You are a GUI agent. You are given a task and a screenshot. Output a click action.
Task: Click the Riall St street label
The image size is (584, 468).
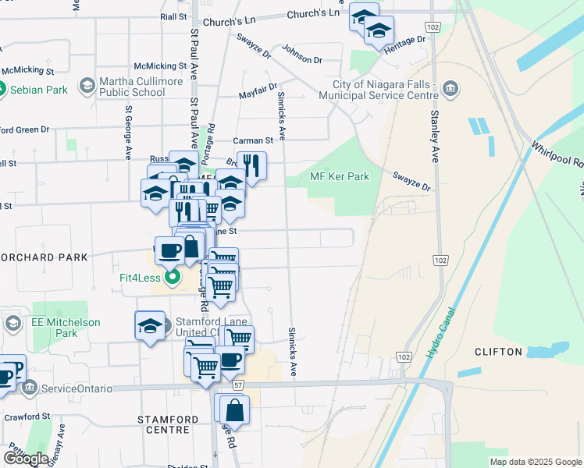173,16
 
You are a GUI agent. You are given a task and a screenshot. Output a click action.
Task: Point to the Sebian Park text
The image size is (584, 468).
38,90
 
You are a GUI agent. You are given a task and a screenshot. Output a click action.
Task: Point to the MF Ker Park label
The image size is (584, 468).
340,176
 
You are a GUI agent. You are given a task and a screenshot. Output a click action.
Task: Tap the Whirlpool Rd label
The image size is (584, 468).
557,155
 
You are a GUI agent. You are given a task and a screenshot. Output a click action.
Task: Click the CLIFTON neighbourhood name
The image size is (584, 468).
498,352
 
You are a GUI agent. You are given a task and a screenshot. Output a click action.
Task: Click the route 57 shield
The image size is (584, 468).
238,385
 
